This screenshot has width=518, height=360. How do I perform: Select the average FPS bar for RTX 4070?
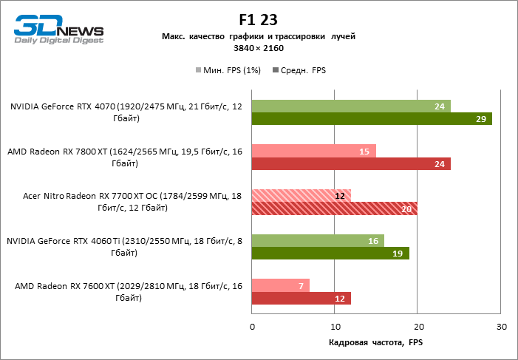(x=372, y=119)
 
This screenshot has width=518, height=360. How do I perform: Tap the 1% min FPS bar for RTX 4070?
(x=351, y=106)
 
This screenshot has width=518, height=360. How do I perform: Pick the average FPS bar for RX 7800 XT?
(x=351, y=164)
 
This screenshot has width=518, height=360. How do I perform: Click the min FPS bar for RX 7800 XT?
(x=313, y=151)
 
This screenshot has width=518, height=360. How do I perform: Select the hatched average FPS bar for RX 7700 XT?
(x=334, y=208)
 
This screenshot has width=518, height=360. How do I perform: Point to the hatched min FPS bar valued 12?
(x=301, y=196)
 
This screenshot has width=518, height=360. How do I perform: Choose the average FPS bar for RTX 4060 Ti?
(x=330, y=254)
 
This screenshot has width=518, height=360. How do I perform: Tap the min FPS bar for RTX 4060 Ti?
(x=318, y=240)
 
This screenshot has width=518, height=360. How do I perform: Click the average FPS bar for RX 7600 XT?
(x=301, y=299)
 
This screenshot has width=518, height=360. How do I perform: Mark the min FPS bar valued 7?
(x=281, y=285)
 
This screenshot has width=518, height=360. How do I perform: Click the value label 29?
(x=480, y=119)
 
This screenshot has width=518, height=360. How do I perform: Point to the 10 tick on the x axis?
(x=335, y=327)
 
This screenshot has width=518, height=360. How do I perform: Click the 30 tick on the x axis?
(x=500, y=327)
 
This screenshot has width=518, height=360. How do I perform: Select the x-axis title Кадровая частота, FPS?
(x=375, y=343)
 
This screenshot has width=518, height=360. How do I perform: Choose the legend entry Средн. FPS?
(x=299, y=70)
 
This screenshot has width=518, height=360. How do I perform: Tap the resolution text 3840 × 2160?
(x=259, y=48)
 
